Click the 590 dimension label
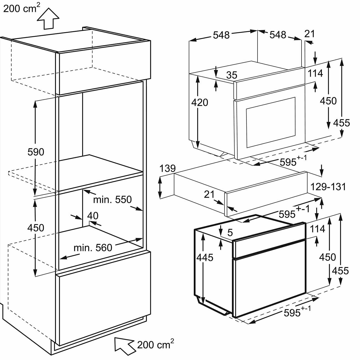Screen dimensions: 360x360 coord(36,152)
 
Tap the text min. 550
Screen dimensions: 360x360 coord(112,199)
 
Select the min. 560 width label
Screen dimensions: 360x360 coord(93,247)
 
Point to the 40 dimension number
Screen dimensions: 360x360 coord(93,215)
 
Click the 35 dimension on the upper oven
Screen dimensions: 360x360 coord(232,75)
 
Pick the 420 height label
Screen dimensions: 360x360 coord(200,102)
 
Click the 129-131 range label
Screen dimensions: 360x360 coord(328,187)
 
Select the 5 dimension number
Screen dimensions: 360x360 coord(230,233)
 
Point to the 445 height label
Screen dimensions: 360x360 coord(205,258)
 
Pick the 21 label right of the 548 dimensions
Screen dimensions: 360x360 coord(310,34)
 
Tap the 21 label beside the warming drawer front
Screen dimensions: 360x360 coord(209,194)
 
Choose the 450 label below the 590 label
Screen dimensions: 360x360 coord(36,228)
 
